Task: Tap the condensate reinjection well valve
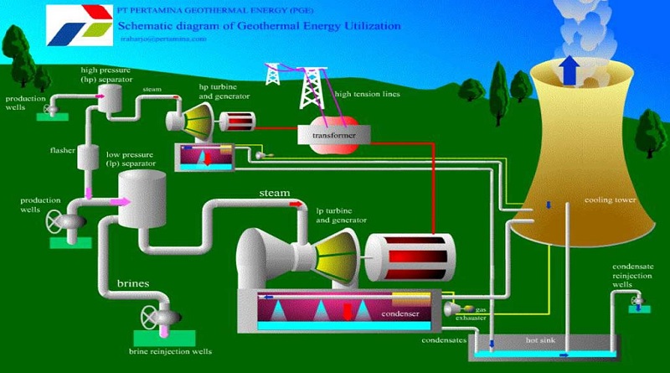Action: [x=637, y=298]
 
